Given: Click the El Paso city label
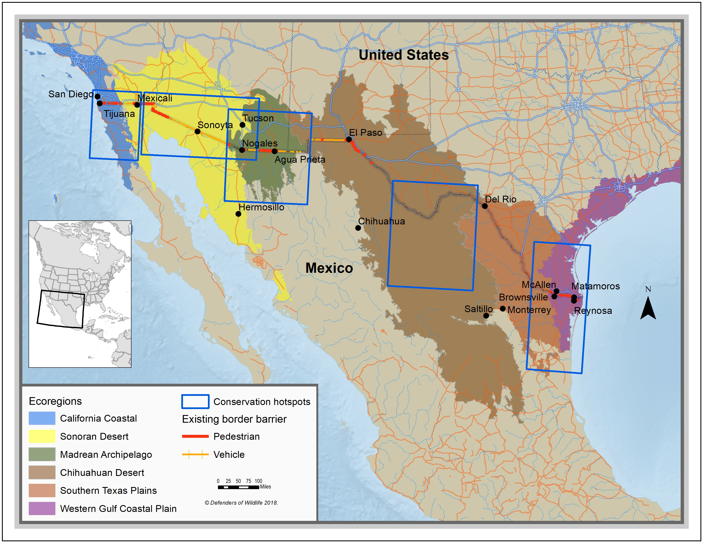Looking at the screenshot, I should pyautogui.click(x=365, y=132).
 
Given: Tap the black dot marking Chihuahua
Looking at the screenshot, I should pyautogui.click(x=358, y=228).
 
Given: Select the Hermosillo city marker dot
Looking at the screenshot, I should pyautogui.click(x=238, y=214).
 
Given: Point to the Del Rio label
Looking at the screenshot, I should pyautogui.click(x=501, y=199).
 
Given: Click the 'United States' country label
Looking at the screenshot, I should pyautogui.click(x=404, y=55).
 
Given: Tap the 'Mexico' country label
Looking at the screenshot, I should pyautogui.click(x=329, y=268).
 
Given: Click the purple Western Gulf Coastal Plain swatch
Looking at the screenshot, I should pyautogui.click(x=42, y=509).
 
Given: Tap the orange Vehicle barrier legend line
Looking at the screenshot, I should pyautogui.click(x=195, y=455).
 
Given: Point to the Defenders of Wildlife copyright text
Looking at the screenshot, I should pyautogui.click(x=241, y=503).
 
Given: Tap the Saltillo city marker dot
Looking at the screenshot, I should pyautogui.click(x=486, y=316).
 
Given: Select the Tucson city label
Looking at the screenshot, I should pyautogui.click(x=258, y=118).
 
